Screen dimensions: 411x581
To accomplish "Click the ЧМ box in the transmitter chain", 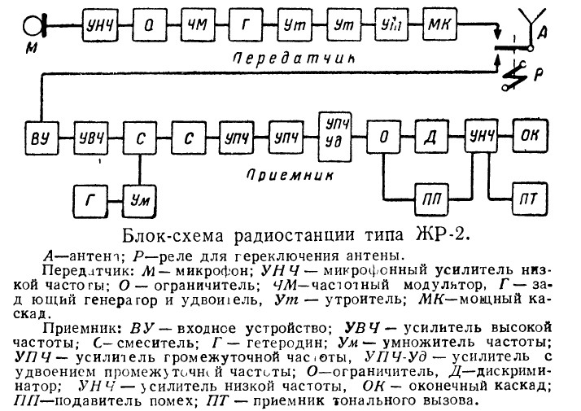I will [194, 24].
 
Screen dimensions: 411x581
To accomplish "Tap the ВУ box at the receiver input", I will [37, 135].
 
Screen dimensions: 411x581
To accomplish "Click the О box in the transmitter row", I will [144, 24].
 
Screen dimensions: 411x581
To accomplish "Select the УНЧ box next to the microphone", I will [96, 24].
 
